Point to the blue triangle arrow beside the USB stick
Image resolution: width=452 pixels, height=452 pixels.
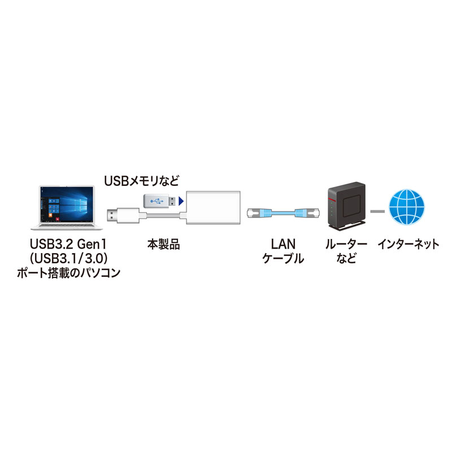click(181, 200)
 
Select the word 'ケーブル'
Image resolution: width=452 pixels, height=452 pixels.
click(283, 259)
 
